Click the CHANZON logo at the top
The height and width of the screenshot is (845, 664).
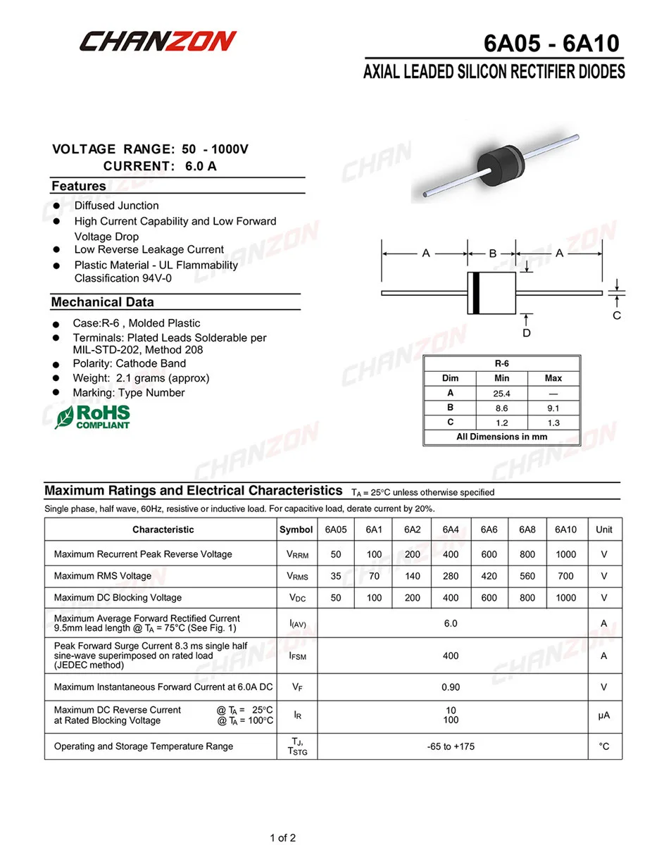coord(157,42)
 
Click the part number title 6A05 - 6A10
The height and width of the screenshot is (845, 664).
coord(551,43)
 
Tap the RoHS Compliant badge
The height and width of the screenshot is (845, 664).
coord(93,416)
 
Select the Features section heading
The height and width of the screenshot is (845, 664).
coord(78,186)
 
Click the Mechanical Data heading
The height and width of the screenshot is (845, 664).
coord(102,302)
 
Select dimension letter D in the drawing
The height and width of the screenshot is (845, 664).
coord(526,332)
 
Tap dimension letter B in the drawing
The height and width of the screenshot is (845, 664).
coord(492,253)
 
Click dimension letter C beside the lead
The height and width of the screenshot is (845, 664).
coord(617,315)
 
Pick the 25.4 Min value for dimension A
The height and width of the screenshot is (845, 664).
coord(501,394)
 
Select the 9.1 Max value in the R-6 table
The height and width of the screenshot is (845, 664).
coord(553,408)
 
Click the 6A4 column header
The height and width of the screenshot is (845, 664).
coord(451,530)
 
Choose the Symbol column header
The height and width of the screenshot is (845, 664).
coord(296,530)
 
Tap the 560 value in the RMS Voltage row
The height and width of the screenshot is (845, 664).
coord(527,576)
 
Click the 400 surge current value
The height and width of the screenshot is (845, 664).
coord(451,656)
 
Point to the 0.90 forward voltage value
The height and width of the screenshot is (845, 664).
coord(451,687)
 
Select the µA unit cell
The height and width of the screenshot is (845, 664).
coord(604,715)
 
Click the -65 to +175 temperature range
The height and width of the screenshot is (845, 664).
coord(451,746)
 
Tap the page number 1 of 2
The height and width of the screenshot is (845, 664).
coord(283,837)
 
